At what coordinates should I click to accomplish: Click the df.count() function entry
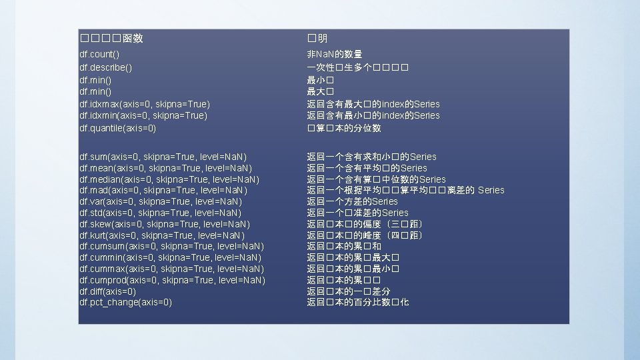[x=99, y=54]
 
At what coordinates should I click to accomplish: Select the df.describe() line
[x=105, y=67]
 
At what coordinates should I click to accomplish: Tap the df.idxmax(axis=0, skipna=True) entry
[x=144, y=104]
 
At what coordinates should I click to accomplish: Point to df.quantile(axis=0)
[x=117, y=127]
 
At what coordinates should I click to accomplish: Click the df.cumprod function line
[x=172, y=280]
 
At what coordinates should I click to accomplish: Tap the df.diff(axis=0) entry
[x=107, y=291]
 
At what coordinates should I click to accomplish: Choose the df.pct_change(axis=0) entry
[x=125, y=302]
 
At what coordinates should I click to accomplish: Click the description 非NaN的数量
[x=334, y=54]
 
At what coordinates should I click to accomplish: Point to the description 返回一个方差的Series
[x=352, y=201]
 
